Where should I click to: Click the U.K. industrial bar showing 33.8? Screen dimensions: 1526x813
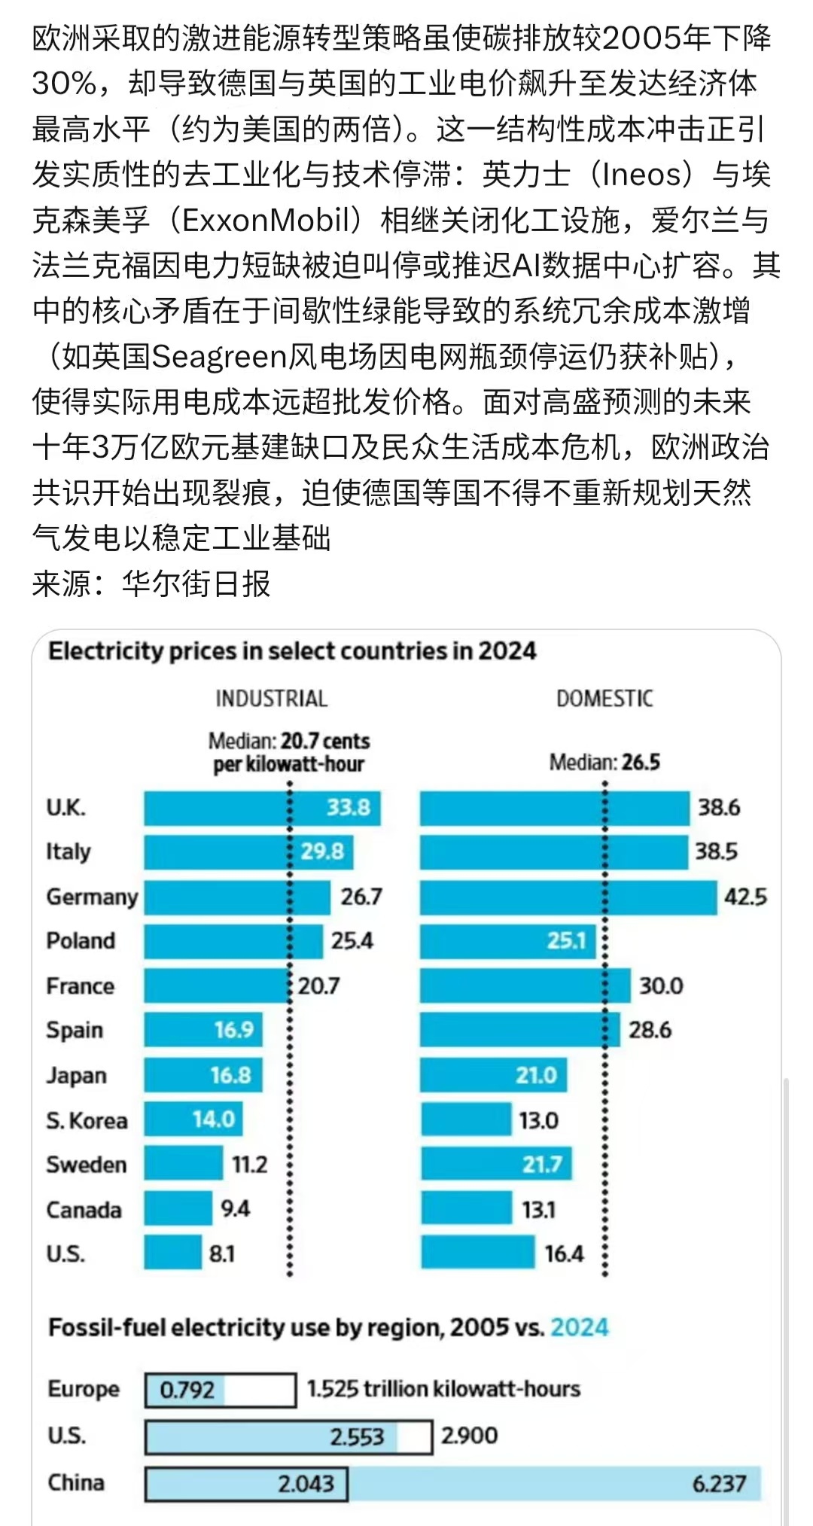[x=262, y=808]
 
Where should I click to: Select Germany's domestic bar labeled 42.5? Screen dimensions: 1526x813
[x=568, y=897]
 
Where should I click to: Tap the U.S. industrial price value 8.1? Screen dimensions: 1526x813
[x=222, y=1253]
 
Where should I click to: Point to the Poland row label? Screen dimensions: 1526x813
[x=81, y=941]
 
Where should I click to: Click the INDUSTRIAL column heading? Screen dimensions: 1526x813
[x=272, y=699]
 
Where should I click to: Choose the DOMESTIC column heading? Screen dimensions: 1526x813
[x=604, y=699]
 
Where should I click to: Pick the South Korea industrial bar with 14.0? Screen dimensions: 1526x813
[x=193, y=1119]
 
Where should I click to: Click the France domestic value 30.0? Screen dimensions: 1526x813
[x=661, y=985]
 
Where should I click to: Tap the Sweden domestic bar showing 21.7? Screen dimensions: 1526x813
[x=496, y=1164]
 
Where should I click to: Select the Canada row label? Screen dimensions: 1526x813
[x=84, y=1210]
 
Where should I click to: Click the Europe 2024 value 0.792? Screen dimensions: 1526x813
[x=187, y=1389]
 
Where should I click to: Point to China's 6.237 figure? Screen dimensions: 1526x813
[x=719, y=1483]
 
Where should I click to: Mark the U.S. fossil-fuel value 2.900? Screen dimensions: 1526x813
[x=469, y=1435]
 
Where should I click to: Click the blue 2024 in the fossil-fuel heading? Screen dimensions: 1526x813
[x=579, y=1327]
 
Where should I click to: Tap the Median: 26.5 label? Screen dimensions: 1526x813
[x=604, y=763]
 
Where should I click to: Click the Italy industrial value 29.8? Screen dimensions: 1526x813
[x=322, y=851]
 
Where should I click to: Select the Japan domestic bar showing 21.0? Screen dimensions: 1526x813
[x=493, y=1075]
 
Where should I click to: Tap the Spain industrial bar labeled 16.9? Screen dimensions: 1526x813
[x=203, y=1030]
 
